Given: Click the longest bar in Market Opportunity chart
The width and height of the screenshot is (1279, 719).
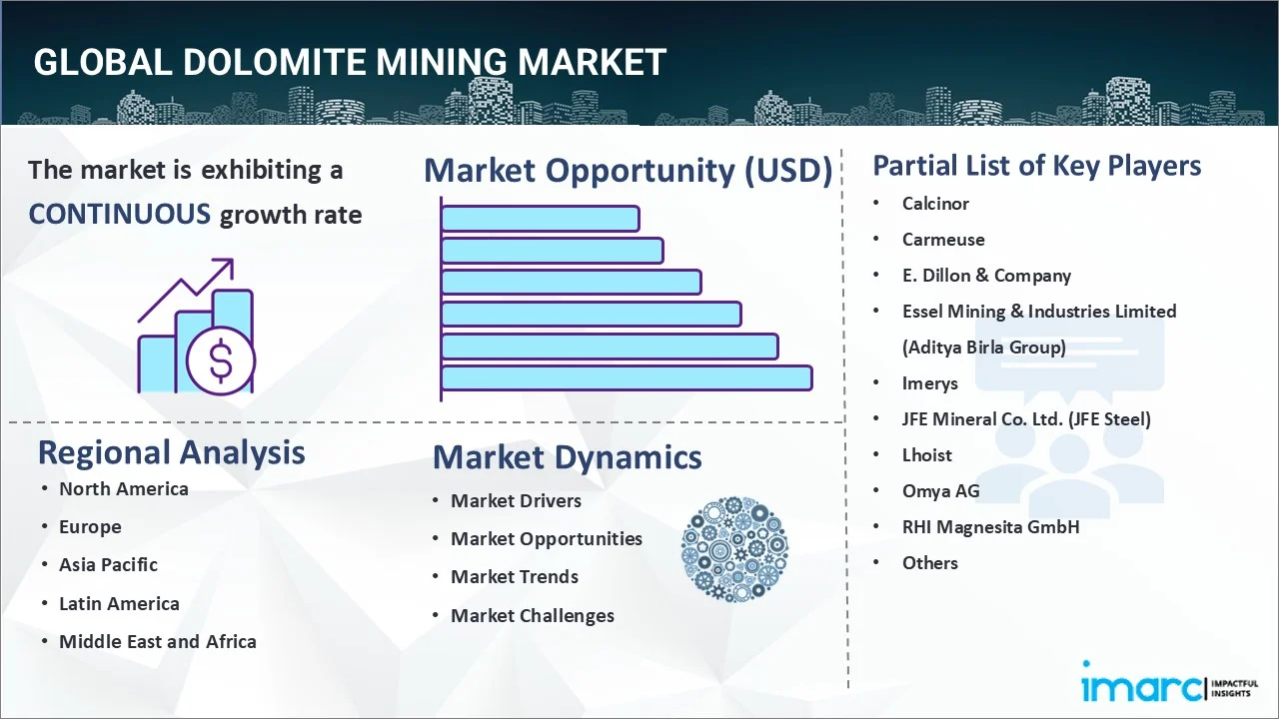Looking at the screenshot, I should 626,378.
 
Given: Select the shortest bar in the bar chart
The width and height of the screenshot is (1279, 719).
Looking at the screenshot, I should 540,218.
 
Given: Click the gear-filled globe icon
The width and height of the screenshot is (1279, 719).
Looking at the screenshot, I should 734,549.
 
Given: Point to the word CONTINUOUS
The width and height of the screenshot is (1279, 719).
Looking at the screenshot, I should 119,214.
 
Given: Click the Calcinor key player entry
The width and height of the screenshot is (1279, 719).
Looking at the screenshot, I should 935,204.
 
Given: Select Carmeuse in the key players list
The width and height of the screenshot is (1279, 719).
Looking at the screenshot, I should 943,240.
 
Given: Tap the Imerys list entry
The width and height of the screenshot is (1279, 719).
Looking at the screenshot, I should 929,383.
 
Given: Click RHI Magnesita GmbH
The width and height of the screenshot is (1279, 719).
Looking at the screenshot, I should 990,527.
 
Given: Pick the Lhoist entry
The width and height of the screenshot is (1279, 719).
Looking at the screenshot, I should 926,455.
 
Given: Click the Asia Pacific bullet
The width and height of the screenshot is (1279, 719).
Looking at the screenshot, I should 108,565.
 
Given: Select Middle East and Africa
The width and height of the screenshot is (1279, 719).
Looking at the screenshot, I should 157,642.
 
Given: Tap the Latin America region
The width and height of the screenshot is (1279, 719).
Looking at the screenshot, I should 119,604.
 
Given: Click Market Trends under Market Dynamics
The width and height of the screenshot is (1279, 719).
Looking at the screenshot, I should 514,577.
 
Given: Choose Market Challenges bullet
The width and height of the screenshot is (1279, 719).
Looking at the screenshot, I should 532,616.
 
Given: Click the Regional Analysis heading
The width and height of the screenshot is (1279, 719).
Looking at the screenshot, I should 171,452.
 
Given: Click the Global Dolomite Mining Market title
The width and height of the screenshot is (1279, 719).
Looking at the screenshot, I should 349,62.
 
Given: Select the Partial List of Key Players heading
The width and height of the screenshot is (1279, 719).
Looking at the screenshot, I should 1036,166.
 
